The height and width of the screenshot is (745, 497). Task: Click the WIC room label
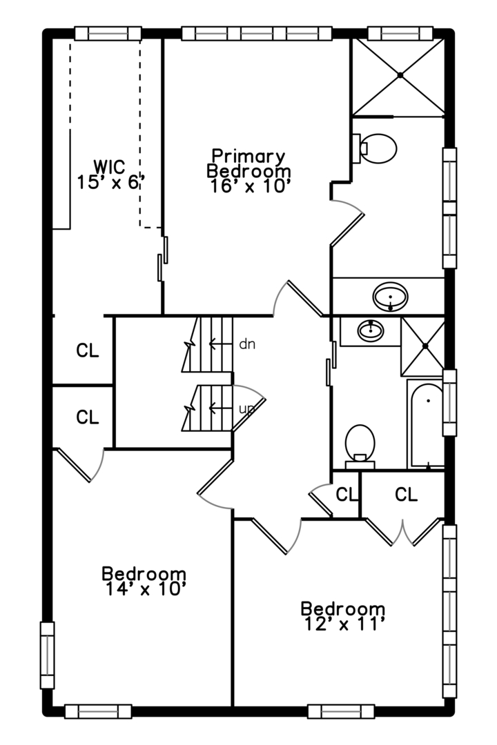click(x=110, y=166)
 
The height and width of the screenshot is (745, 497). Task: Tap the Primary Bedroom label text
click(x=248, y=163)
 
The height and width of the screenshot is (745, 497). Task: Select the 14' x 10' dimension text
click(x=144, y=588)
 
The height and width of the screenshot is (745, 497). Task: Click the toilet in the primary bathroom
click(x=377, y=148)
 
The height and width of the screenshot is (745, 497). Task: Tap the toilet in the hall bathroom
click(x=359, y=442)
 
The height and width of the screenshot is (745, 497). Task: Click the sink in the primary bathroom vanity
click(x=391, y=297)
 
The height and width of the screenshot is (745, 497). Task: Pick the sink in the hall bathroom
click(x=371, y=330)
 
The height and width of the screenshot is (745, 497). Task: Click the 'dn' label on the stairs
click(x=246, y=343)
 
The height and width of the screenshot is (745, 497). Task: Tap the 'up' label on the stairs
click(x=246, y=408)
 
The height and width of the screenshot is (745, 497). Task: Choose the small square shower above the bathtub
click(x=423, y=346)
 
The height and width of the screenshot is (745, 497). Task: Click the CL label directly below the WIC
click(x=88, y=350)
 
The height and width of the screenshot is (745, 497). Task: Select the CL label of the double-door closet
click(x=407, y=495)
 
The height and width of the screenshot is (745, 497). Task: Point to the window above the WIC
click(x=108, y=33)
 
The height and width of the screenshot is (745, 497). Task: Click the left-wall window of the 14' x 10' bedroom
click(x=47, y=655)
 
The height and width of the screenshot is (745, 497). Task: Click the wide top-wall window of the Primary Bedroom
click(x=254, y=33)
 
